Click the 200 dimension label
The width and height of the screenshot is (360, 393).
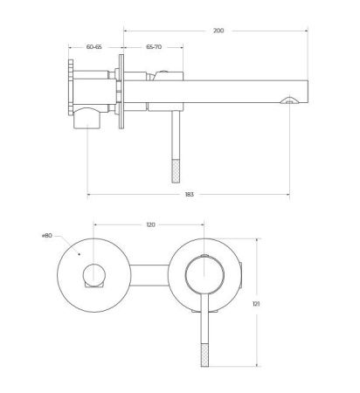pyautogui.click(x=218, y=31)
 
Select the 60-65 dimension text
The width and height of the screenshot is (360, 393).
pyautogui.click(x=94, y=46)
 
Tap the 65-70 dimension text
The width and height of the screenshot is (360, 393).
pyautogui.click(x=154, y=46)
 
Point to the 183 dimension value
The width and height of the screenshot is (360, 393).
pyautogui.click(x=190, y=194)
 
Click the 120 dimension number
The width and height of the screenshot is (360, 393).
pyautogui.click(x=150, y=224)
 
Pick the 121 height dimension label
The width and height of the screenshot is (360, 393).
pyautogui.click(x=256, y=304)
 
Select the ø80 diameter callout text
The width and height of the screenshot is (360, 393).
pyautogui.click(x=47, y=236)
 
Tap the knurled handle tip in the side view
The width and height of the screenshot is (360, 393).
pyautogui.click(x=176, y=171)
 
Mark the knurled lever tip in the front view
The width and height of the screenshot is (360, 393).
pyautogui.click(x=205, y=355)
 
